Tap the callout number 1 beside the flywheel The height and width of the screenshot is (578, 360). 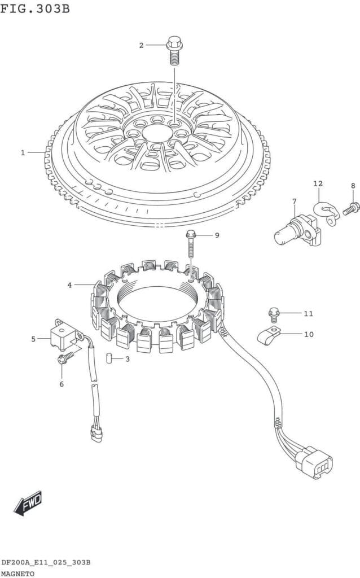point(23,152)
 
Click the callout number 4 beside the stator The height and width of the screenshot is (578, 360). point(69,285)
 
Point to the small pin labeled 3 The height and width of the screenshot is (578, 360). point(112,359)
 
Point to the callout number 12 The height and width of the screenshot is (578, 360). point(318,183)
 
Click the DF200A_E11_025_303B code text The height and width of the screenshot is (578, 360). point(46,563)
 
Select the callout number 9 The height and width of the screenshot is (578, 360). point(216,235)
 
